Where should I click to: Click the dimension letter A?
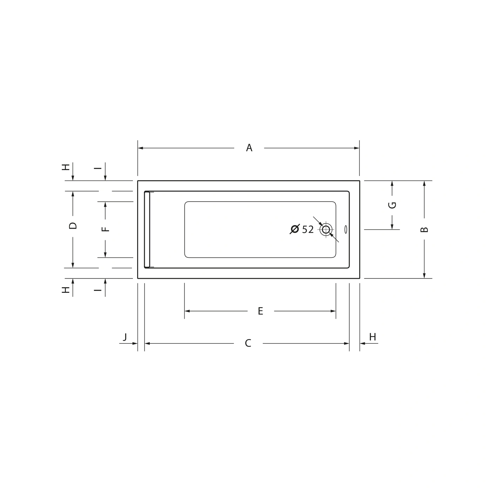249,148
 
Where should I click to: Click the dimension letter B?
424,230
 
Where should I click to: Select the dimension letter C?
248,343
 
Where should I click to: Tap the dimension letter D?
73,226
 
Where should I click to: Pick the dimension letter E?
261,311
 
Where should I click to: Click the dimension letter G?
392,205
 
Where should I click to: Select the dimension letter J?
125,337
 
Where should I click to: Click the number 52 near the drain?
308,230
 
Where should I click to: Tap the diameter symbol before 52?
295,229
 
